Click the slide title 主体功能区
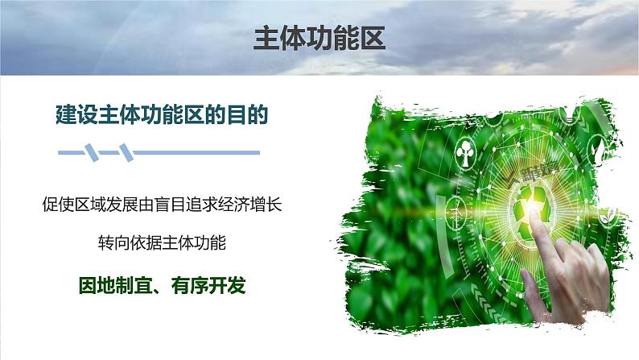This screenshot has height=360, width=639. click(319, 39)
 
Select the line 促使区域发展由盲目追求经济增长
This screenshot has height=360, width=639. click(160, 205)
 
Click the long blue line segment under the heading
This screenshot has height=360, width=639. click(197, 151)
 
